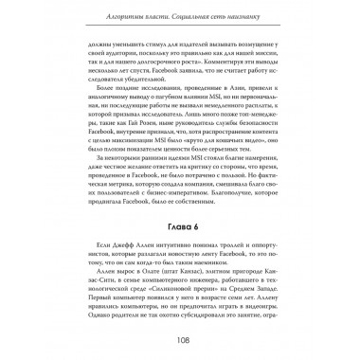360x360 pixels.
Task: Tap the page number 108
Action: click(x=180, y=338)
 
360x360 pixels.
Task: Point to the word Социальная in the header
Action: click(x=189, y=18)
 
